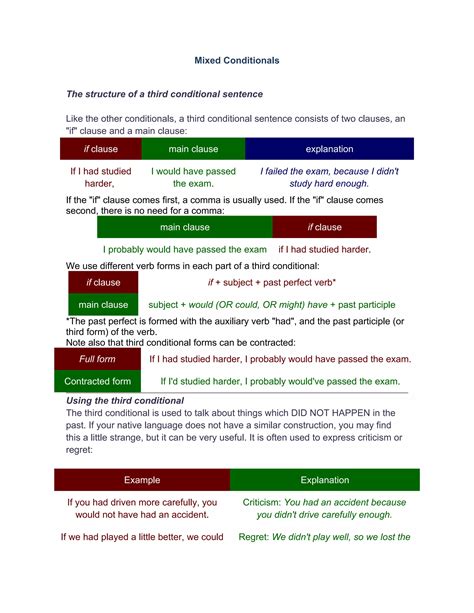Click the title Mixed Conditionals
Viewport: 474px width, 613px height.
coord(237,60)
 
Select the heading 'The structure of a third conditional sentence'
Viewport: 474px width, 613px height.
coord(164,94)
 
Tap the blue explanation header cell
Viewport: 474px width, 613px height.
coord(329,149)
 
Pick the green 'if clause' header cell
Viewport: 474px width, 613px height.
coord(324,227)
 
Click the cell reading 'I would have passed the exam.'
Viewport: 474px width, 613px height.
coord(193,177)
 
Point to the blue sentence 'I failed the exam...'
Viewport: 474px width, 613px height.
coord(329,177)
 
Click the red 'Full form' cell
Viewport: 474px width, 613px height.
coord(97,358)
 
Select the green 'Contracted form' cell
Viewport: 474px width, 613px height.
coord(97,381)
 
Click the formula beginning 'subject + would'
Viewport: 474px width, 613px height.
coord(271,304)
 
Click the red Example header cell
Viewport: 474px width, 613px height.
coord(141,480)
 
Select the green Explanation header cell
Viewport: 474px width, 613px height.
coord(324,480)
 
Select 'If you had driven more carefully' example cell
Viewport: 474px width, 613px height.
coord(141,508)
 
